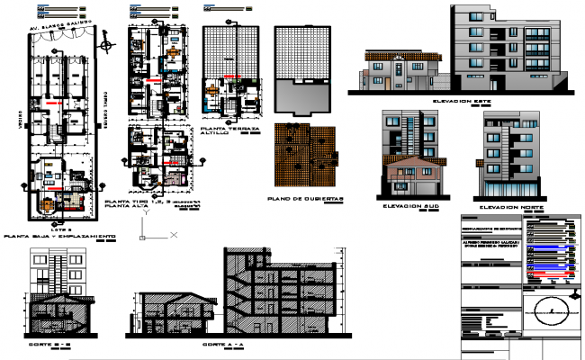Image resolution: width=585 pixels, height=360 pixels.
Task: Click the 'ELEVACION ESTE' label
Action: pos(462,102)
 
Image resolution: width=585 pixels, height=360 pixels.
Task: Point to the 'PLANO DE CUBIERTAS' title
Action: pos(306,197)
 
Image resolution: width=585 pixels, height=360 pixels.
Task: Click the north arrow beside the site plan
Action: pos(107,41)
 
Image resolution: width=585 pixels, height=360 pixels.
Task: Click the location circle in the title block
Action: pos(550,313)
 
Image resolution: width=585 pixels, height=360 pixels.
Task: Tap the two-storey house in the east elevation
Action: pos(400,70)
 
